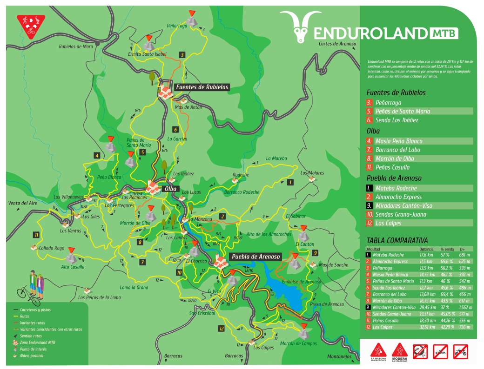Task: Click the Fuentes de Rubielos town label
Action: coord(202,87)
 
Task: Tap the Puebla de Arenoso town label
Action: coord(254,257)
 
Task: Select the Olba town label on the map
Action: coord(170,189)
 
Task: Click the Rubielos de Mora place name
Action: coord(76,46)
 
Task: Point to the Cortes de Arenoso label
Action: coord(337,44)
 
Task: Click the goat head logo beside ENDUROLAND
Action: coord(297,27)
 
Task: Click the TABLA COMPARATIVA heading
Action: coord(397,241)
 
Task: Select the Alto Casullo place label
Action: coord(73,267)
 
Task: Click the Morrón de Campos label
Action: coord(298,343)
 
